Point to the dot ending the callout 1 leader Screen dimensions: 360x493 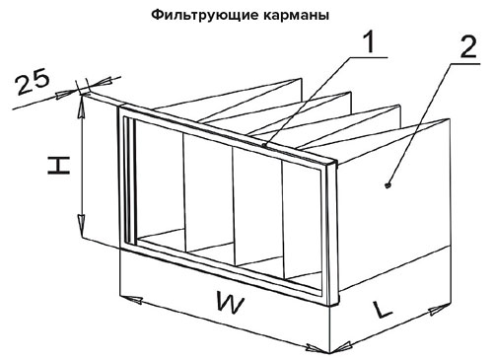pos(265,145)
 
